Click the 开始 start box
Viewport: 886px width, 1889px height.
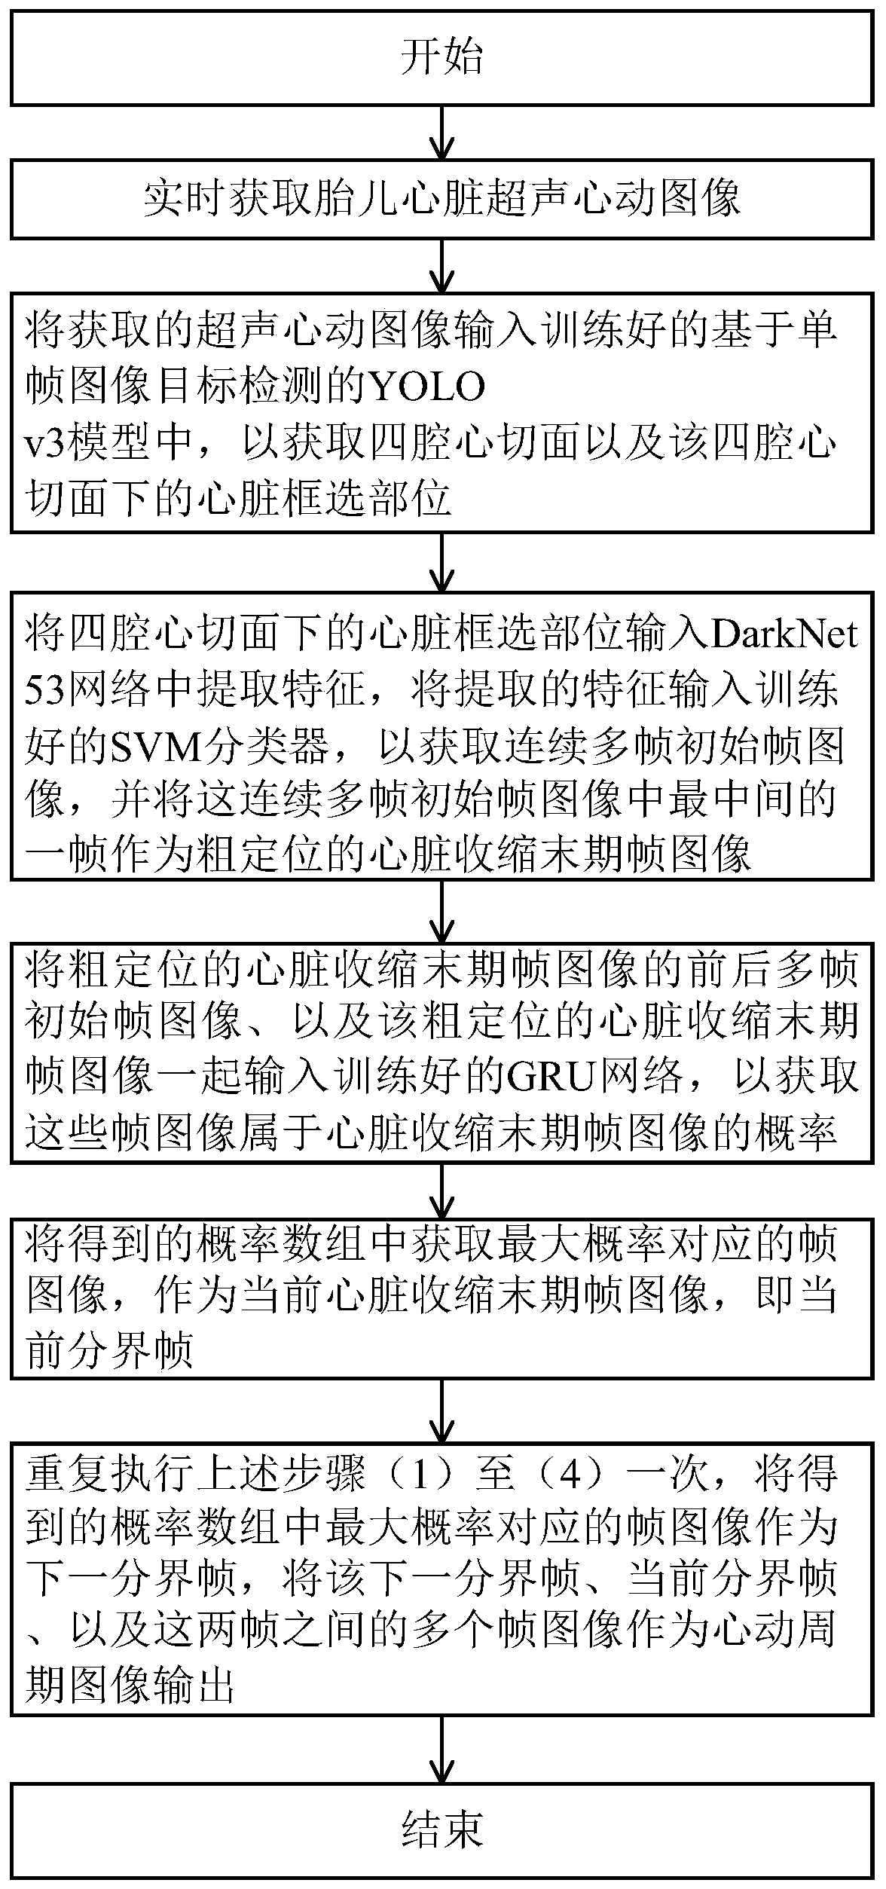pos(442,57)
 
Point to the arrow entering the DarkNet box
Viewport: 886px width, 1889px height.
pos(442,562)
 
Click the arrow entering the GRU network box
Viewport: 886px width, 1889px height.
pos(442,909)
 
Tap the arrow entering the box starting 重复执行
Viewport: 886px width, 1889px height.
pos(442,1412)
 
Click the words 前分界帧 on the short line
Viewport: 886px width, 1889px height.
pos(110,1351)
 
